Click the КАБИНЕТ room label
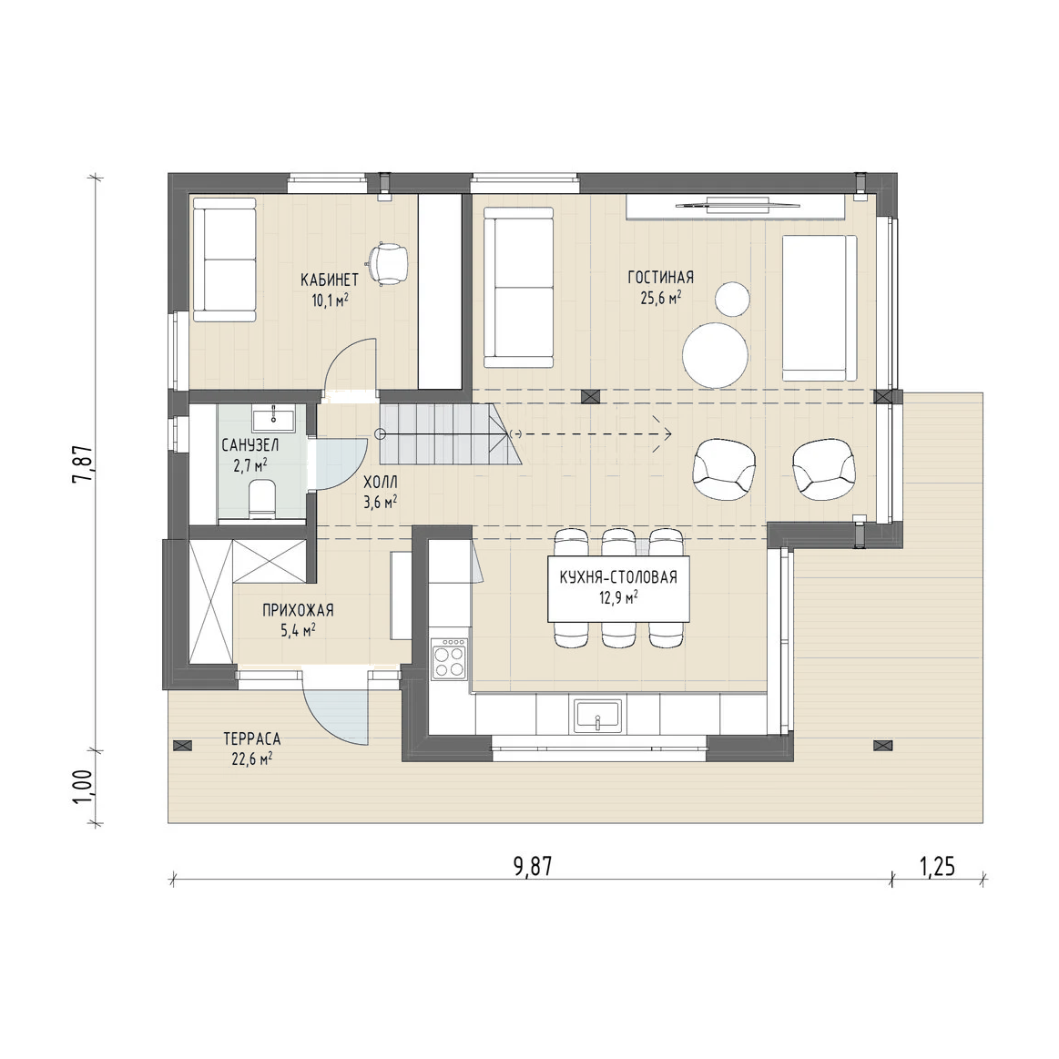click(329, 280)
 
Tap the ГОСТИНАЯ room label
click(660, 278)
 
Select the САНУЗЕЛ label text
click(249, 446)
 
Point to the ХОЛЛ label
click(381, 483)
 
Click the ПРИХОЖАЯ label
click(298, 611)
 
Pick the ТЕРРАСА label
click(252, 738)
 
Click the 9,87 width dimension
click(532, 866)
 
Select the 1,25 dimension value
click(937, 866)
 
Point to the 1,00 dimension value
click(83, 787)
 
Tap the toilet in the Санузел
click(262, 500)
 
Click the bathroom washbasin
click(273, 418)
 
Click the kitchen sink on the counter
click(597, 715)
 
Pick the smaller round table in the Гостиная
click(732, 299)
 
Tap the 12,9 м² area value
click(618, 597)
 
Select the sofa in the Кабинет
click(224, 260)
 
